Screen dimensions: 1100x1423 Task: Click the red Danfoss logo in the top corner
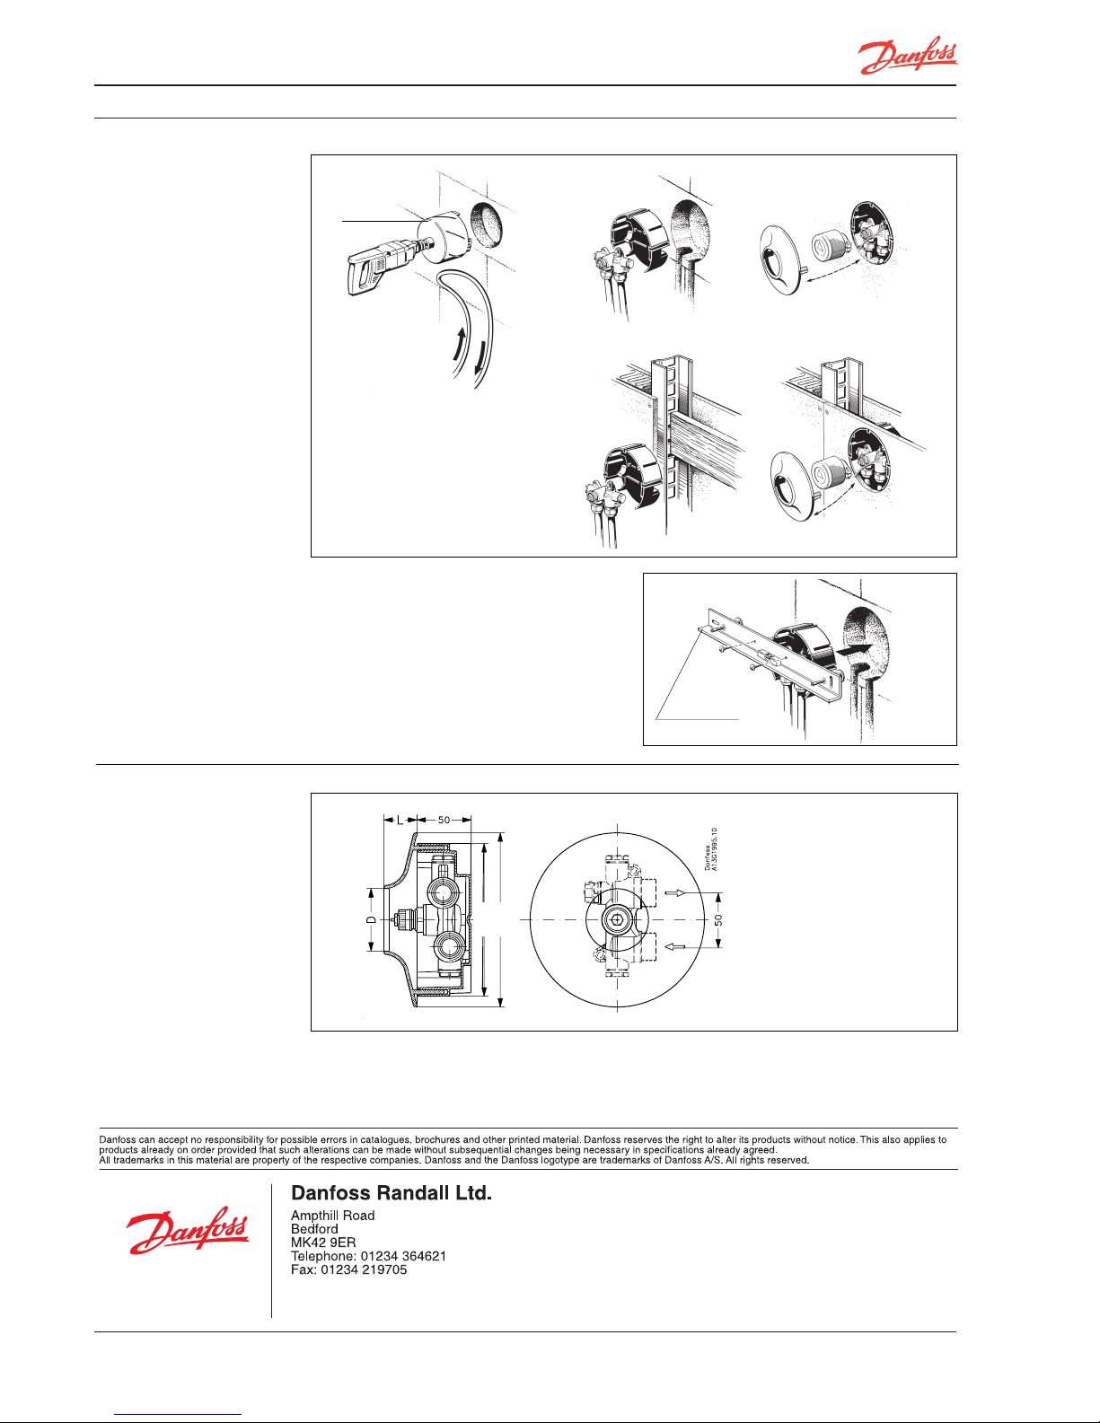click(908, 56)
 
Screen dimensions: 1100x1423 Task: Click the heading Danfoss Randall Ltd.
click(391, 1193)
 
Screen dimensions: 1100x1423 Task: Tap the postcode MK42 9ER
click(323, 1243)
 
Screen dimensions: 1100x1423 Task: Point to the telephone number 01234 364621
click(403, 1256)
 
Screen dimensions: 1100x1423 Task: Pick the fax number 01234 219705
click(364, 1269)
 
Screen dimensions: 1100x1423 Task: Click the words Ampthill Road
click(332, 1216)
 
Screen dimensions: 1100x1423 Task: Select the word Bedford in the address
click(314, 1229)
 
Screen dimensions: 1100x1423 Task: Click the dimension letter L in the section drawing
click(400, 820)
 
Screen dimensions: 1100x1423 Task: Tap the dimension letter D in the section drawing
click(371, 920)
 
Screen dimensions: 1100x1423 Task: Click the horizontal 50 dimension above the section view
click(444, 820)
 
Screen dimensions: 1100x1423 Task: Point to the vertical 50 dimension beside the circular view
click(718, 920)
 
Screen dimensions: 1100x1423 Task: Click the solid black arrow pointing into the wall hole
click(854, 649)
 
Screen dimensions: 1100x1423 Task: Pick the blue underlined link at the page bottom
click(178, 1415)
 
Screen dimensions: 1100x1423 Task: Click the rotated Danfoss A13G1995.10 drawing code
click(710, 849)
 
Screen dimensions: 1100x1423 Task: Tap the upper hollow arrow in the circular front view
click(675, 892)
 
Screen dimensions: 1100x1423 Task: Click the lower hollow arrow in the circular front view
click(675, 946)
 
